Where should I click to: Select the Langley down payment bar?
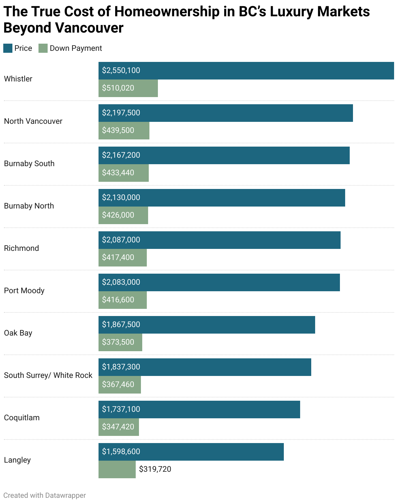[117, 469]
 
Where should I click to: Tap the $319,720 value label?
[155, 469]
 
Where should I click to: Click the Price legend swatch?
[8, 48]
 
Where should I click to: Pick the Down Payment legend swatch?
[43, 48]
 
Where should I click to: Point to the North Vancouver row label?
[33, 121]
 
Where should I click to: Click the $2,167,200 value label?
[121, 155]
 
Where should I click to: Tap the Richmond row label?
[22, 248]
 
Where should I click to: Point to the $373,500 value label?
[118, 342]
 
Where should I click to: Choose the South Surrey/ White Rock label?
[48, 375]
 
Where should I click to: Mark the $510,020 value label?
[118, 88]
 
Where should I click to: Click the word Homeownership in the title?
[167, 12]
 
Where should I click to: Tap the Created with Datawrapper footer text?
[45, 496]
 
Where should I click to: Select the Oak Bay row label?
[18, 333]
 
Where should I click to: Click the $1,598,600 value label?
[121, 452]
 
